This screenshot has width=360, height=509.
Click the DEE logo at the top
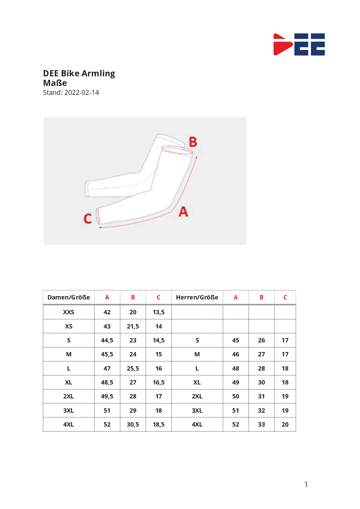(299, 44)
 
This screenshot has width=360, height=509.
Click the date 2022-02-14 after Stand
(82, 93)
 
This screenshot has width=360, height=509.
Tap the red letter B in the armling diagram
(193, 142)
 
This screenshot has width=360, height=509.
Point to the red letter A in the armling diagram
(183, 212)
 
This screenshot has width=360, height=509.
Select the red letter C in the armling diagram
(88, 219)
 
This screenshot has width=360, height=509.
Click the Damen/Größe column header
(69, 297)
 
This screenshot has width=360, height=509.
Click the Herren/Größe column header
(197, 297)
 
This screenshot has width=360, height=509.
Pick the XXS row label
(69, 312)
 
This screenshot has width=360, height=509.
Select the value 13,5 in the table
(159, 312)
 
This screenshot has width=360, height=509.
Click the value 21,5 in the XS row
(133, 326)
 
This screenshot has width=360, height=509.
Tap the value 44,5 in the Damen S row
(107, 340)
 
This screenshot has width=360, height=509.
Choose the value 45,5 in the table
(107, 354)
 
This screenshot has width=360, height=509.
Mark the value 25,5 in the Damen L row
(133, 369)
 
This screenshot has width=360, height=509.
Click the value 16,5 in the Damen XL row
(159, 382)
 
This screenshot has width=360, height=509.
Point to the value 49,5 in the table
(107, 396)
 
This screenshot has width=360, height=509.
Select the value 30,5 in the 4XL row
(133, 425)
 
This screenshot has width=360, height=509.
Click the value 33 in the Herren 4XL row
(261, 425)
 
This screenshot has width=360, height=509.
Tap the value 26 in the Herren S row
(261, 340)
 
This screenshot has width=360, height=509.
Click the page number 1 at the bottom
(306, 484)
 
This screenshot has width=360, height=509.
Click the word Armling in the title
(98, 74)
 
